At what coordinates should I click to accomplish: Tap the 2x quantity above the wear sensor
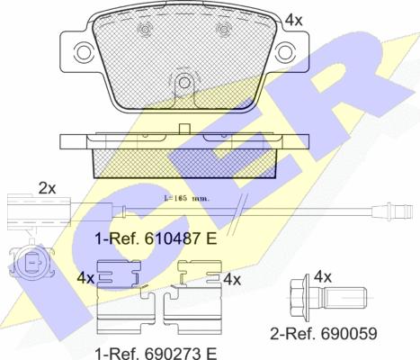[x=47, y=188]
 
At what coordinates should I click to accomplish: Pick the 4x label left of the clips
[x=86, y=279]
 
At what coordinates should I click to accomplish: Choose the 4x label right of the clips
[x=232, y=279]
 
